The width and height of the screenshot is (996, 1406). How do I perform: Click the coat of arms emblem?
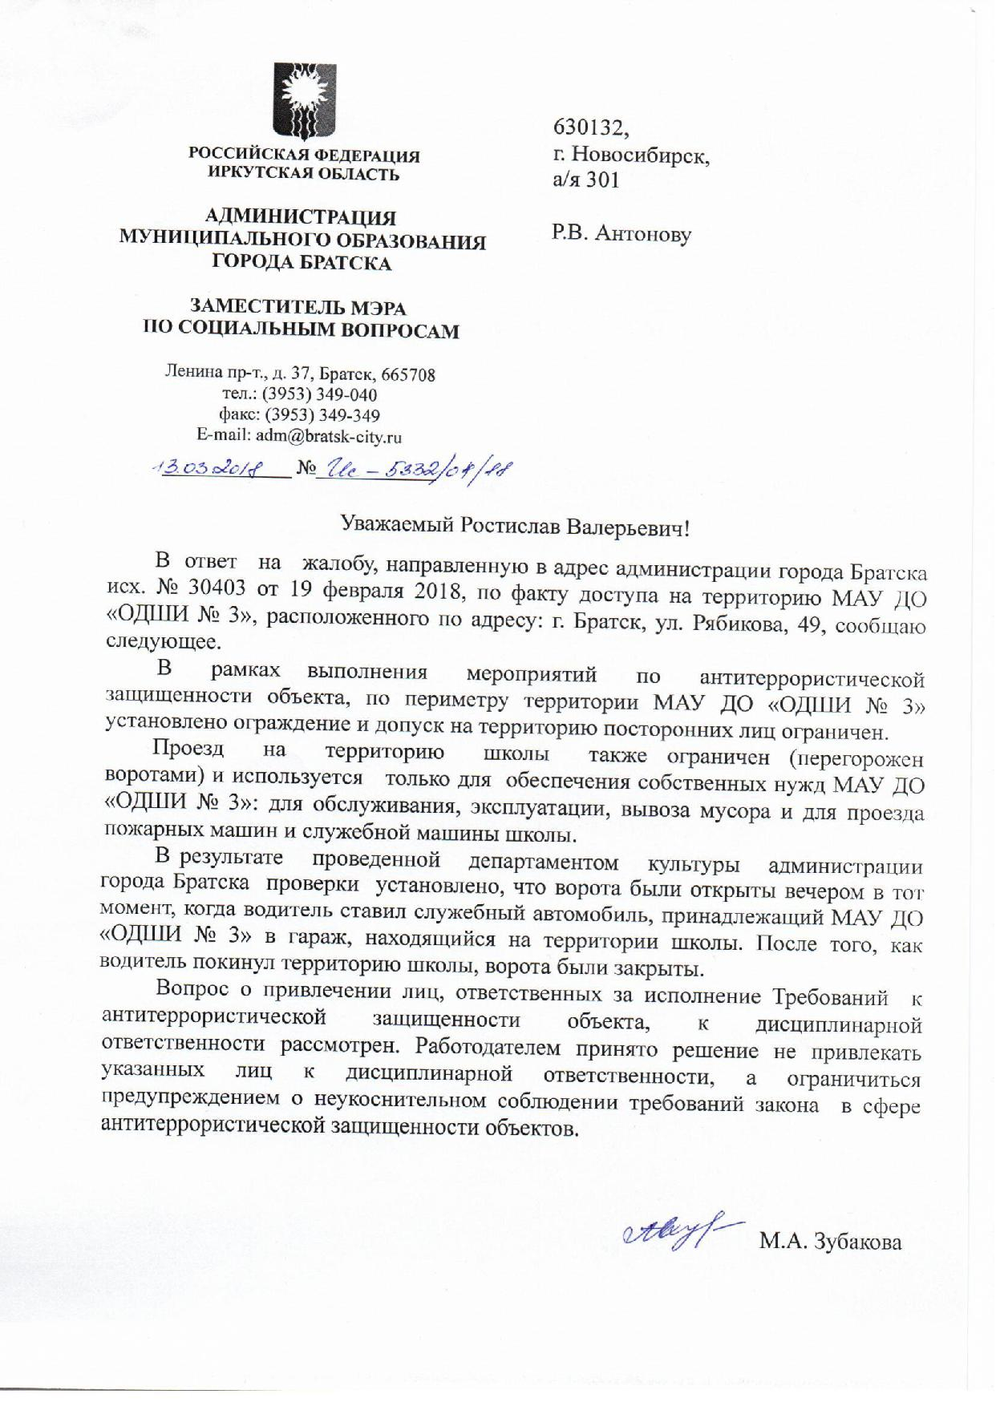(303, 102)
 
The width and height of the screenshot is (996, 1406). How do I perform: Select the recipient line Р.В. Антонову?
(621, 233)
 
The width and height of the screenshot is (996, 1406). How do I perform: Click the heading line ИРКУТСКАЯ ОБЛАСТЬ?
(303, 174)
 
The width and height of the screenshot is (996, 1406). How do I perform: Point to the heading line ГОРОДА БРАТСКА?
(302, 263)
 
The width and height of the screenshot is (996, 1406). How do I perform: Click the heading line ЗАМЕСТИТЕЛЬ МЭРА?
(298, 307)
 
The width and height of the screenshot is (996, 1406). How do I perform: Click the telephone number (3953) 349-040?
(320, 395)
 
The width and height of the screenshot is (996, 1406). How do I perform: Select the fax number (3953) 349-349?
(320, 416)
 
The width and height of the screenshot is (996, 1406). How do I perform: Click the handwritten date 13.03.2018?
(204, 468)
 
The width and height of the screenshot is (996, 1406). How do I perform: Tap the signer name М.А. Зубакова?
(831, 1242)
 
